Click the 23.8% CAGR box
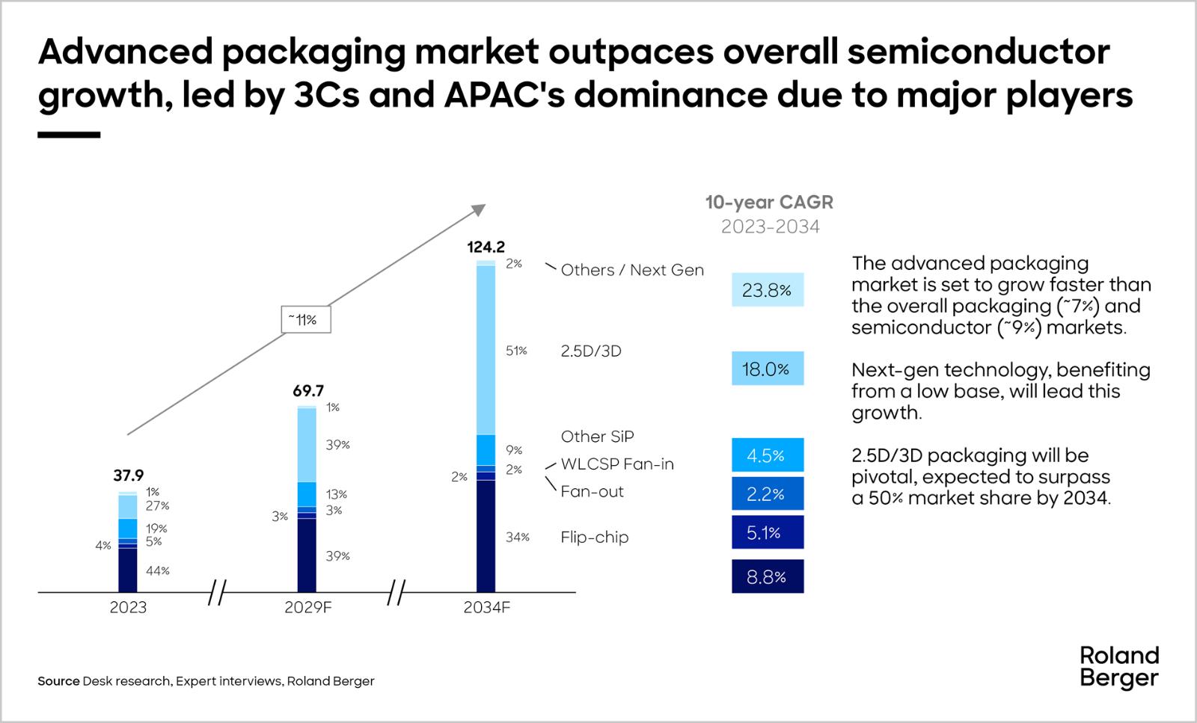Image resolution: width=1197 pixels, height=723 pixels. (767, 290)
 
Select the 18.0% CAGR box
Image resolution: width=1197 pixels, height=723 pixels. (767, 369)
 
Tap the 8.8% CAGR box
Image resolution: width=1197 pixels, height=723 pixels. (767, 576)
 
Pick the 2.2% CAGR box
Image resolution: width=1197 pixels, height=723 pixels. (767, 493)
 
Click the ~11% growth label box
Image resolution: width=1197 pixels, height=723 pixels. (306, 320)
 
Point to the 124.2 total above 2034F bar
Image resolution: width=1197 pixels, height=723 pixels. (486, 247)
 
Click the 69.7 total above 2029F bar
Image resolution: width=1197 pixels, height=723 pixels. (308, 391)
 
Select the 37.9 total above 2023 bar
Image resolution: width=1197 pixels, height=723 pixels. (128, 476)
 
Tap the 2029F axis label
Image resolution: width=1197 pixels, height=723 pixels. (307, 607)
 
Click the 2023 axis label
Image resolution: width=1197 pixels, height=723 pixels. (128, 607)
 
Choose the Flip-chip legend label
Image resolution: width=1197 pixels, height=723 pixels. (594, 537)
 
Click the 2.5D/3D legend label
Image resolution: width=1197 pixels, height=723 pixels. (591, 351)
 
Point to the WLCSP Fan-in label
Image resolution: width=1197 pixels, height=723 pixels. (617, 464)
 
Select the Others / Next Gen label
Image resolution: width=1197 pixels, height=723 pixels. (632, 270)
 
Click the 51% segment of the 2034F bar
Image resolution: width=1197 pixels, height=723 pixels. (486, 350)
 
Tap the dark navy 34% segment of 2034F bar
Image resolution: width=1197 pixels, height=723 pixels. (486, 536)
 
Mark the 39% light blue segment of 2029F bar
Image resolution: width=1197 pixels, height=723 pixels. (307, 445)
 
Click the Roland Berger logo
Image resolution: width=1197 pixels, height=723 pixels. (1118, 667)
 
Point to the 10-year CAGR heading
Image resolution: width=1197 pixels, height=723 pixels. (769, 202)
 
